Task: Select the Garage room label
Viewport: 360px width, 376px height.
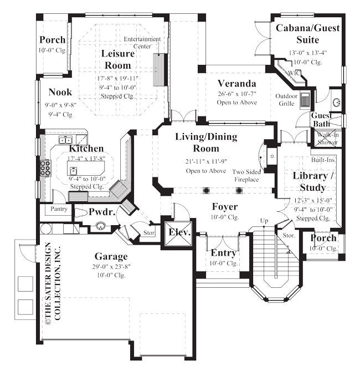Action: pos(111,256)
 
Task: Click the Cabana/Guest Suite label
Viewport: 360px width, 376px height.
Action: pos(307,33)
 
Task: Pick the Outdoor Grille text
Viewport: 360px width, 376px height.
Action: pos(286,99)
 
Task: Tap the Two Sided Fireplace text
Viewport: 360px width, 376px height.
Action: pos(245,175)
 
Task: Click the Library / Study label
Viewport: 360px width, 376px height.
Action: pos(312,181)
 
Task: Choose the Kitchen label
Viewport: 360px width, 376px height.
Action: pos(86,149)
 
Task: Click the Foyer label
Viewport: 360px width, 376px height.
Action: pos(225,206)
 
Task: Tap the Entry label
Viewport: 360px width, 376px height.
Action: pos(224,253)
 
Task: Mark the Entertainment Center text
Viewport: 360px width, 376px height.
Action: pos(142,43)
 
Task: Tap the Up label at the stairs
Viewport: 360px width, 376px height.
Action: pos(264,221)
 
